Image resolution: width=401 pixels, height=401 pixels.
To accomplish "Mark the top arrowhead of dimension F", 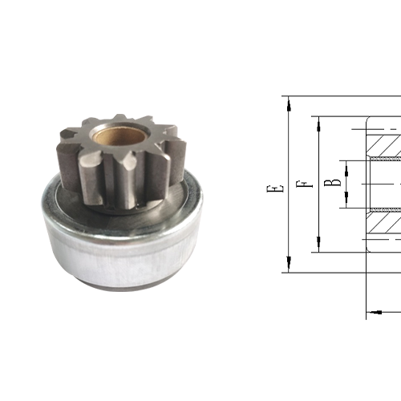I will (318, 122).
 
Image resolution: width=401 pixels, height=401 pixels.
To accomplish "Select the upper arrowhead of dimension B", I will (345, 164).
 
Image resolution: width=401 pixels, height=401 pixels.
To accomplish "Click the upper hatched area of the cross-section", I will (383, 143).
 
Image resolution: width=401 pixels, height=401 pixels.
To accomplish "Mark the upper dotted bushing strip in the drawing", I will (383, 160).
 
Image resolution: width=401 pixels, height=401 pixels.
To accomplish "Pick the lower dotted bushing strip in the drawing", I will (383, 209).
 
